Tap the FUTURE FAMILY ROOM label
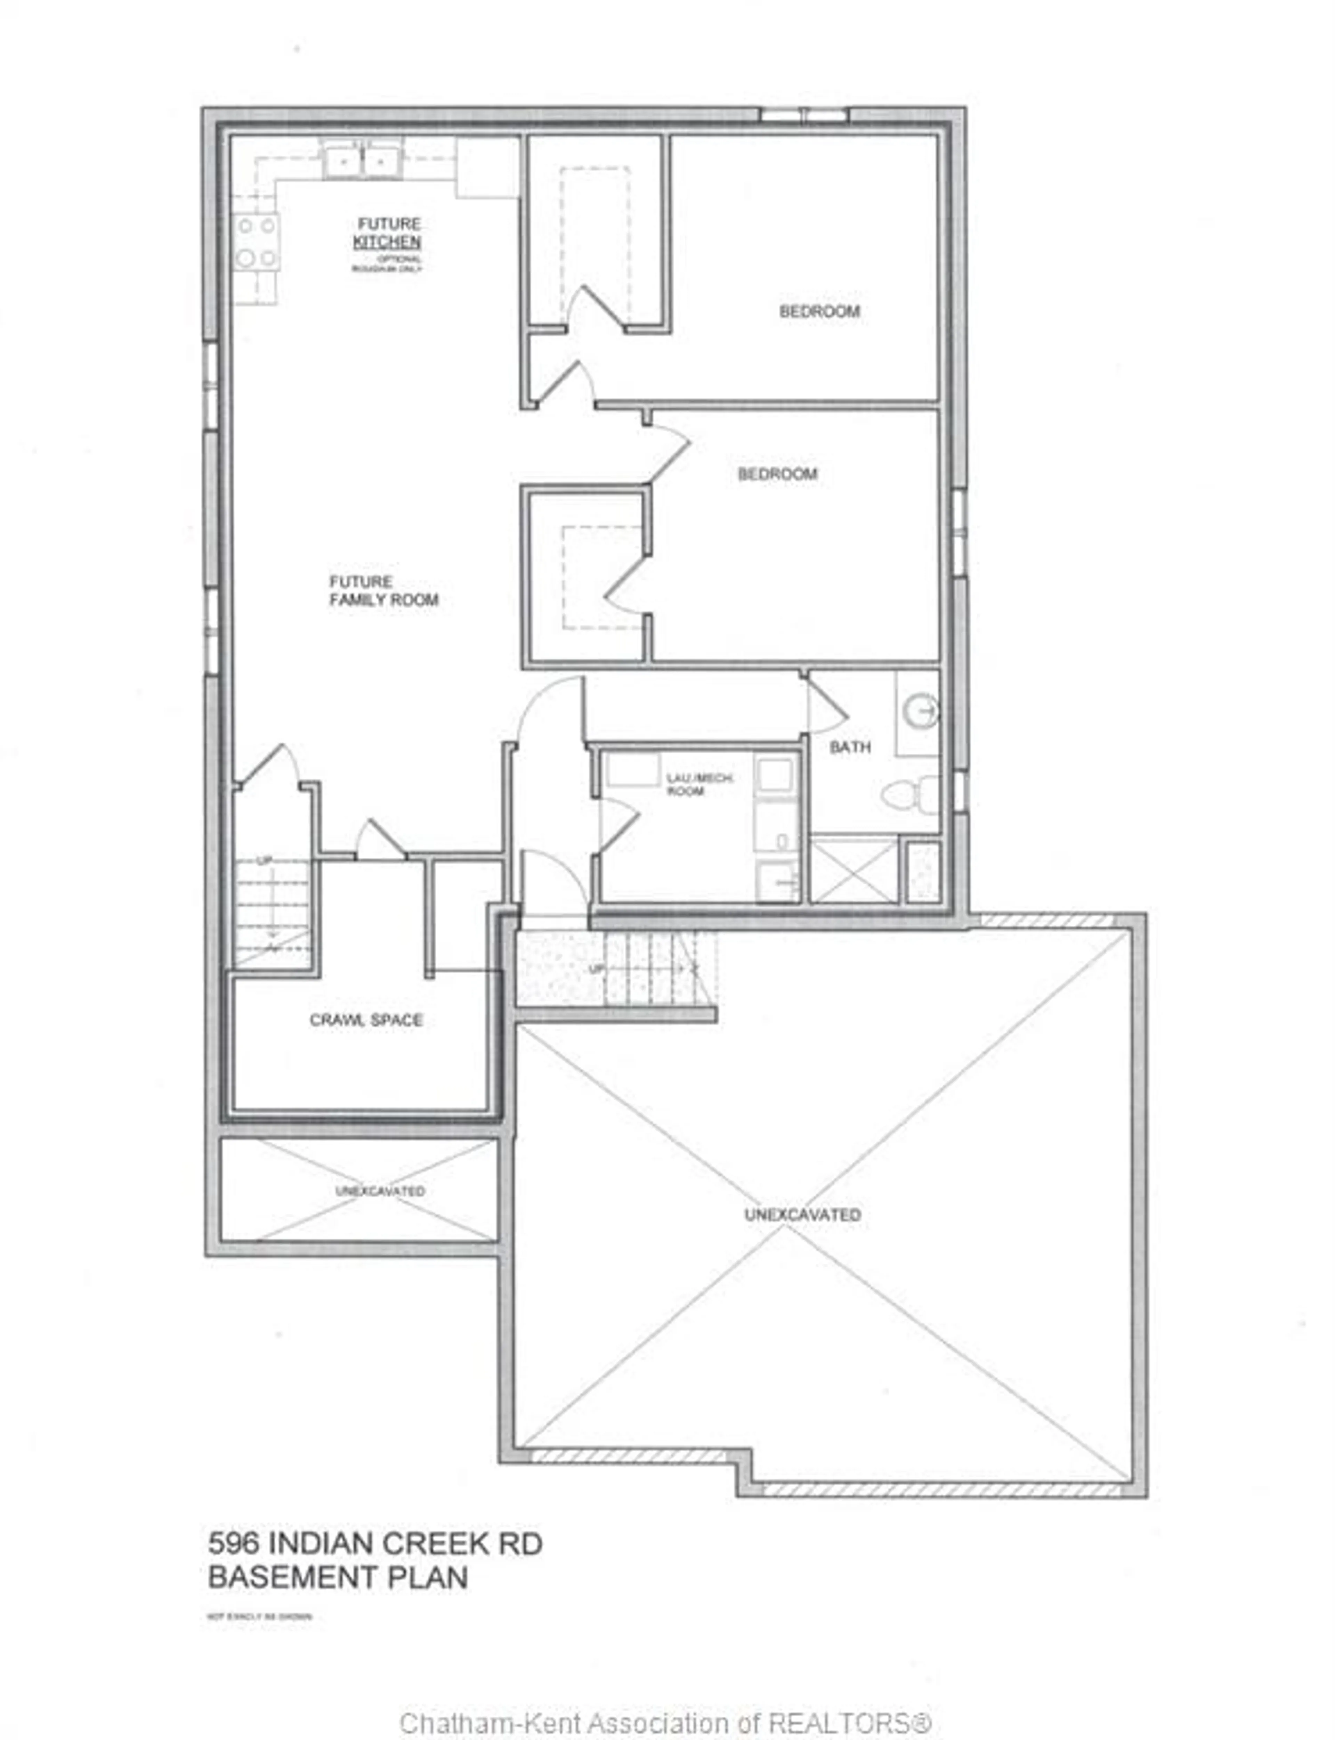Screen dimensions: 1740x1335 (x=384, y=591)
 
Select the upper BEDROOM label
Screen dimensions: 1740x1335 (x=819, y=311)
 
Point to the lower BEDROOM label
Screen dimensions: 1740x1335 (x=777, y=474)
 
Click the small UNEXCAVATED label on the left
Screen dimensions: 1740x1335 (x=380, y=1191)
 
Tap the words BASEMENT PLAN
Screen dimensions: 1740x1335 (x=338, y=1577)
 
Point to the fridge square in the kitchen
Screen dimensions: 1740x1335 (x=487, y=168)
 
